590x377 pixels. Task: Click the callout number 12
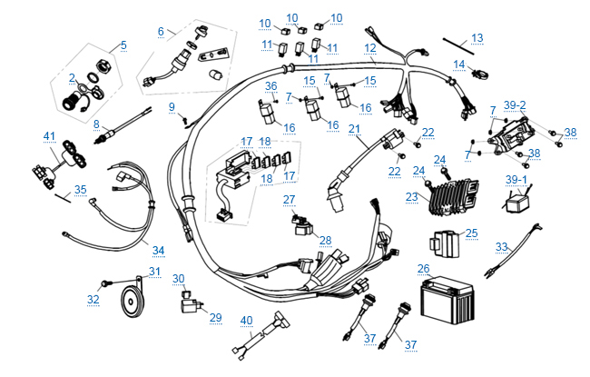click(370, 46)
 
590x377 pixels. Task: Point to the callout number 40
click(246, 319)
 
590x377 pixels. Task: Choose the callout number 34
click(157, 250)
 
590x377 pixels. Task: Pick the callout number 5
click(123, 45)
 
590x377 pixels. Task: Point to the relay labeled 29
click(192, 304)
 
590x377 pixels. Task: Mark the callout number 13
click(477, 38)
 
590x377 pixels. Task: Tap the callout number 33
click(502, 246)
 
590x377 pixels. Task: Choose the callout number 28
click(325, 240)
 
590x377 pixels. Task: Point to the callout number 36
click(270, 85)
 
